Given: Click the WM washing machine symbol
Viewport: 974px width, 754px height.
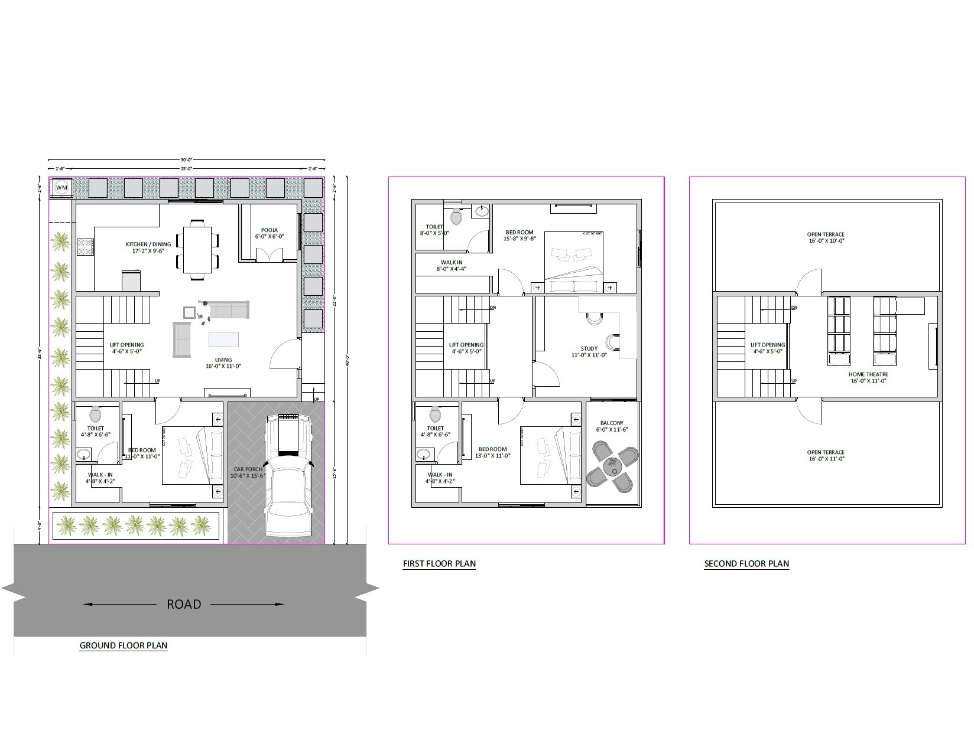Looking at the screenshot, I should [x=61, y=188].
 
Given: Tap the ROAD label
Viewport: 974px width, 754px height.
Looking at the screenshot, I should [x=184, y=604].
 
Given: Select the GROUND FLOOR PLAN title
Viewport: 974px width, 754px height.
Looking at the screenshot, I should [x=124, y=645].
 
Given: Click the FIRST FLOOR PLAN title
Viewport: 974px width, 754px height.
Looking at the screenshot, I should [x=439, y=563].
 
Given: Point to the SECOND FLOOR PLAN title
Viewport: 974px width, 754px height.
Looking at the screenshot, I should [x=746, y=563].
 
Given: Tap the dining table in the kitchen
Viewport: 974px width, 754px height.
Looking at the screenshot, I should [x=197, y=249].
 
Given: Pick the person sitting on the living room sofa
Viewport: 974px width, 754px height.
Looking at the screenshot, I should [x=204, y=311].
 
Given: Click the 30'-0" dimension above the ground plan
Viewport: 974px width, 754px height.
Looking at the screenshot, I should [x=186, y=159].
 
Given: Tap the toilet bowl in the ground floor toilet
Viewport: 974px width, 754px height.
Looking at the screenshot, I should [x=95, y=414].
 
